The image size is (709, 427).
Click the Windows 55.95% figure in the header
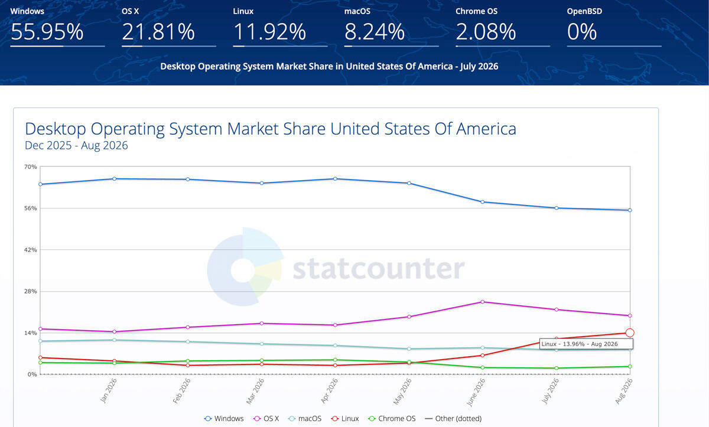[47, 32]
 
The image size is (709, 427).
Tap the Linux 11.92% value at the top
[269, 32]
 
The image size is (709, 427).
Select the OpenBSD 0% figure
[582, 32]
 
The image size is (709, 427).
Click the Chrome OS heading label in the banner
[476, 11]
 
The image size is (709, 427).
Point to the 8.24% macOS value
[375, 32]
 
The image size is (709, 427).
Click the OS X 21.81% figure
[158, 32]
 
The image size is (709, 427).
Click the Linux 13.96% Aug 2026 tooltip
[586, 344]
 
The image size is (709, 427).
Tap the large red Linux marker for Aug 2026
[630, 333]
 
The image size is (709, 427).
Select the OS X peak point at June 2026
[482, 302]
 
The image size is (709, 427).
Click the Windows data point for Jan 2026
[114, 179]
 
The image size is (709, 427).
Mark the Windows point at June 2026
[482, 202]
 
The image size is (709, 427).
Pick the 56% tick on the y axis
[30, 208]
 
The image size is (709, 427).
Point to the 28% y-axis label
[30, 291]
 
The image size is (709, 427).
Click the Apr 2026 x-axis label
[329, 391]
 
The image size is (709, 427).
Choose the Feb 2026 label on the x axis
[182, 391]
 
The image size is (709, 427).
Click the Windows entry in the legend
[224, 419]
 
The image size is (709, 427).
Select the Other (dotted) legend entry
[453, 419]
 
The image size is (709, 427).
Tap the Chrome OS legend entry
[392, 419]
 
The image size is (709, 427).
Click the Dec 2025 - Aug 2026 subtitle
[76, 145]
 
